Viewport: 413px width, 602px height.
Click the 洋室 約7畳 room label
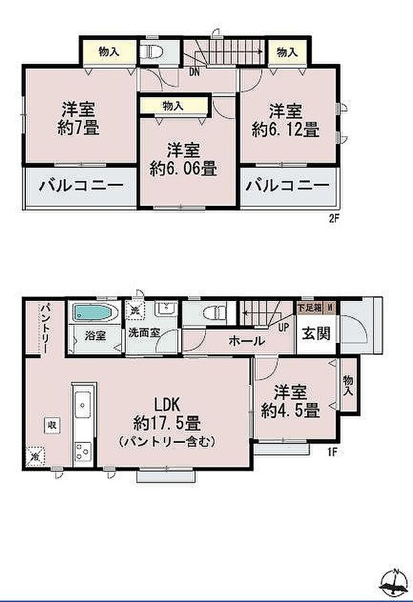pos(78,118)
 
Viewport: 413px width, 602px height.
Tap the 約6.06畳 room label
pos(183,160)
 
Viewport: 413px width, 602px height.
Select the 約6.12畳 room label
pos(285,120)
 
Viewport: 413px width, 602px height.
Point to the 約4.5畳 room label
pos(290,402)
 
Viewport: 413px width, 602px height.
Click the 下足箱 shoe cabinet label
pos(309,308)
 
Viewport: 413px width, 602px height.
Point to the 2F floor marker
pos(334,218)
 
